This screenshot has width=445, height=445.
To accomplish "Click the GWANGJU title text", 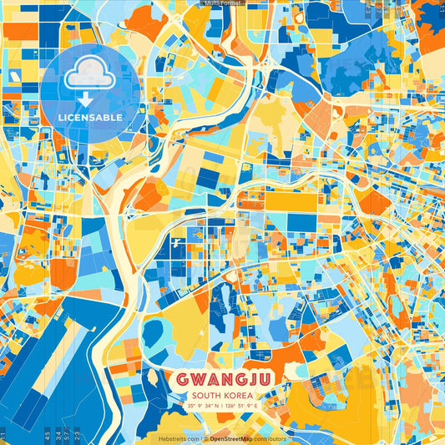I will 223,379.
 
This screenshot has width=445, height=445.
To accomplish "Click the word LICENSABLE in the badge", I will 91,118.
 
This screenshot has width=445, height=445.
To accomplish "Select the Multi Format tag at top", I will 222,3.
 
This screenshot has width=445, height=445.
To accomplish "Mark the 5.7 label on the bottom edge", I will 67,435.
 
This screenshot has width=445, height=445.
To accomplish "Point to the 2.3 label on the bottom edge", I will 77,435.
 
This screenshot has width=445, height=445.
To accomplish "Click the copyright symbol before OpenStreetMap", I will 205,438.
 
